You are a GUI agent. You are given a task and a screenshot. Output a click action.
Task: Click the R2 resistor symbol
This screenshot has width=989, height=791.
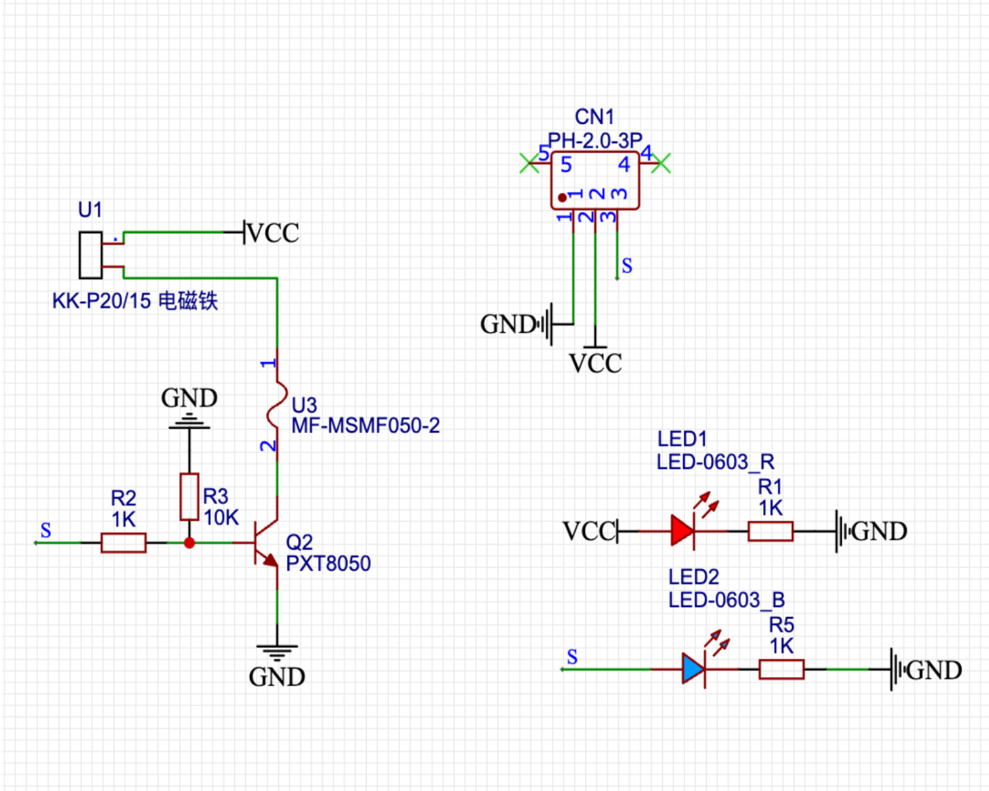[x=123, y=542]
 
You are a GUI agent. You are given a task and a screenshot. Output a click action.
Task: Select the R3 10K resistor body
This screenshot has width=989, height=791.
[x=189, y=496]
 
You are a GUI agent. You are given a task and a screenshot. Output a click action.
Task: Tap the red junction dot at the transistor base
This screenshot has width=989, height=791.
[x=189, y=542]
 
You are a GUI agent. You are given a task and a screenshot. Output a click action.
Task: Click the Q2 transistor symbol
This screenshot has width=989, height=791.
[x=266, y=543]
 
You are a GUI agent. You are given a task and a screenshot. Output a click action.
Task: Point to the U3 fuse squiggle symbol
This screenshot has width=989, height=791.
[x=277, y=404]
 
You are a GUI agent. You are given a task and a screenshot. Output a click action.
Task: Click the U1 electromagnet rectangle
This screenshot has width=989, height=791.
[x=90, y=255]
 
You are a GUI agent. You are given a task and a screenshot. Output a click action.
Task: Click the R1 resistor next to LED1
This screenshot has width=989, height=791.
[x=770, y=531]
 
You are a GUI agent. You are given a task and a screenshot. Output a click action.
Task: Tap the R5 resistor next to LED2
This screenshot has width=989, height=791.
[x=781, y=669]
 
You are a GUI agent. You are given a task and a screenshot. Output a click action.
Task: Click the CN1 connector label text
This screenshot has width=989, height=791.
[x=594, y=117]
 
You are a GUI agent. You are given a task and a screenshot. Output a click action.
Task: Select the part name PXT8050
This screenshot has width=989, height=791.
[x=328, y=564]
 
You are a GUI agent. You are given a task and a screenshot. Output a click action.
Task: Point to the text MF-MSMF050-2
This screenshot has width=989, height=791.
[x=365, y=426]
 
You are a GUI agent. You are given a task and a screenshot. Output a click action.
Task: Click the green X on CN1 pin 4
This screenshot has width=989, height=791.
[x=661, y=163]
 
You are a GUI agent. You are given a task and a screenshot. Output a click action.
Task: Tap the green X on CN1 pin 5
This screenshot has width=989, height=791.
[x=529, y=163]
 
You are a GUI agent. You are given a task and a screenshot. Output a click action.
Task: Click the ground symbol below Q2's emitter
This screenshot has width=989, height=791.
[x=277, y=653]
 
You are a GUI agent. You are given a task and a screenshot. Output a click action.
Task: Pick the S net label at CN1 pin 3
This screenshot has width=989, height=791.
[x=626, y=266]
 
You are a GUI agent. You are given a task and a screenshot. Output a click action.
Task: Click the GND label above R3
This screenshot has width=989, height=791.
[x=189, y=397]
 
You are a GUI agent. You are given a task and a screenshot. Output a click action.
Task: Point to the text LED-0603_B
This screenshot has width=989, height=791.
[x=727, y=600]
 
